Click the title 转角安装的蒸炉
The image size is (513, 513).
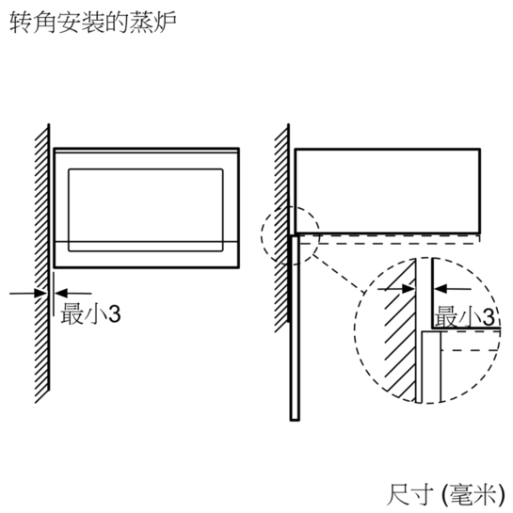coord(93,23)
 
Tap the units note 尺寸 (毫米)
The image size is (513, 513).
coord(445,494)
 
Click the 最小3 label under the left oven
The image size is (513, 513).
coord(90,313)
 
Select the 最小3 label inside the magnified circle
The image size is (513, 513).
coord(464,316)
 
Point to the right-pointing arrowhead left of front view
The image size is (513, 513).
coord(40,293)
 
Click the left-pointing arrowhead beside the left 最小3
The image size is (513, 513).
coord(61,293)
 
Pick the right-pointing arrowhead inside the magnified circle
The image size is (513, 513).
coord(409,289)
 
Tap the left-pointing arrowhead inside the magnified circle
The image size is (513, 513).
coord(440,289)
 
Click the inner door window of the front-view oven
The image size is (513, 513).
coord(146,210)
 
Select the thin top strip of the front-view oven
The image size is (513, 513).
coord(146,151)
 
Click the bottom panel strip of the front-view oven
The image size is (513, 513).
coord(146,254)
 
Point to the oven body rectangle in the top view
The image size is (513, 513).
coord(388,191)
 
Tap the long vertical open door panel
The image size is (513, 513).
coord(295,328)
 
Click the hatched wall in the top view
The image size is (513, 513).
coord(282,228)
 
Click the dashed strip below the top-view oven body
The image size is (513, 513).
coord(390,239)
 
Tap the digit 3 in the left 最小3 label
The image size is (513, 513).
coord(115,314)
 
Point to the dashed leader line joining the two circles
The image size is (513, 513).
coord(337,273)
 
